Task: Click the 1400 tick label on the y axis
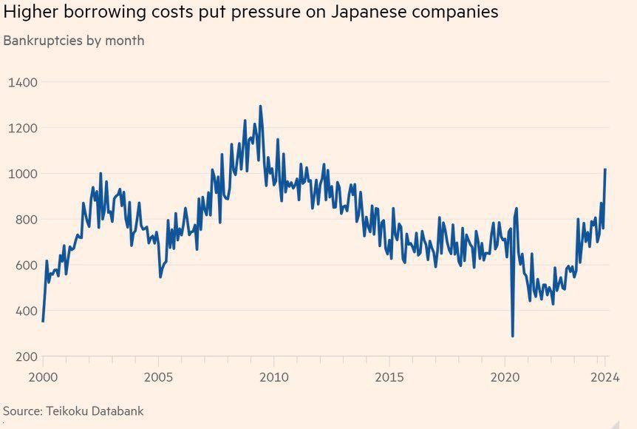(23, 82)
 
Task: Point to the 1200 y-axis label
(23, 128)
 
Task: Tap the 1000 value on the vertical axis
(23, 174)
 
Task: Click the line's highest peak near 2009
(260, 107)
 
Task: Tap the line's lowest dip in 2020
(513, 337)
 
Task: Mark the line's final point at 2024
(605, 169)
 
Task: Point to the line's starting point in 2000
(43, 321)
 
